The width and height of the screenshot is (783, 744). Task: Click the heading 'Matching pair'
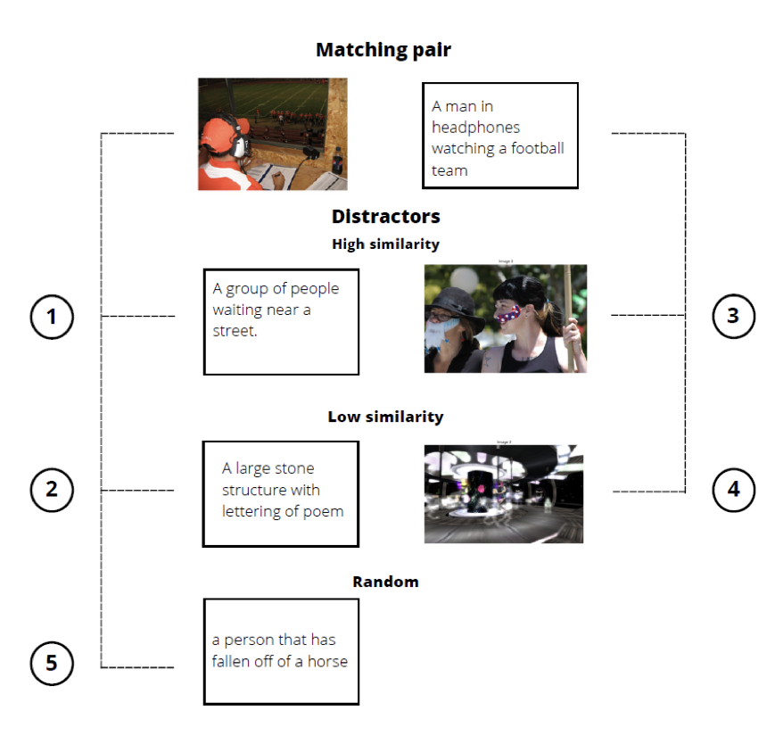click(383, 50)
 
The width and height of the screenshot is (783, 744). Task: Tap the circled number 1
click(52, 317)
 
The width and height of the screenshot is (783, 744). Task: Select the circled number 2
click(52, 490)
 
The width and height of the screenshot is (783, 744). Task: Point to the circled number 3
click(734, 316)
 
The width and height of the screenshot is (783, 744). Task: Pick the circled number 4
click(734, 490)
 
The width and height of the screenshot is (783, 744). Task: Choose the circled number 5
click(52, 663)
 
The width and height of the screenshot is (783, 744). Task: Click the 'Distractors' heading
click(386, 217)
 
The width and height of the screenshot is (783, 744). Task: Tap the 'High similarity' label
click(386, 244)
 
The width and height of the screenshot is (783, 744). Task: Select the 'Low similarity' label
click(385, 417)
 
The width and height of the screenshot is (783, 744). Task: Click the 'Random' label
click(385, 582)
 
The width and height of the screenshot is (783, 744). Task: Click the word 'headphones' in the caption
click(476, 128)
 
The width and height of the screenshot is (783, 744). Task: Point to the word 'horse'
click(327, 661)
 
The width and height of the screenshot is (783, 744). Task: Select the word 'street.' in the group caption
click(235, 331)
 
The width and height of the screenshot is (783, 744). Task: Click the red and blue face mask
click(509, 315)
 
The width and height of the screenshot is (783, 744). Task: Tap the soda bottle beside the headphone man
click(338, 161)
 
